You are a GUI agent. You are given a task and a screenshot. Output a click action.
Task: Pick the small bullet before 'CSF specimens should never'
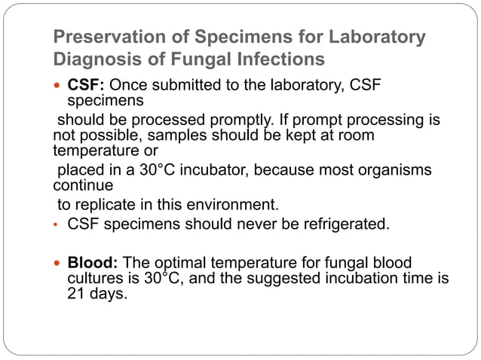coord(57,224)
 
